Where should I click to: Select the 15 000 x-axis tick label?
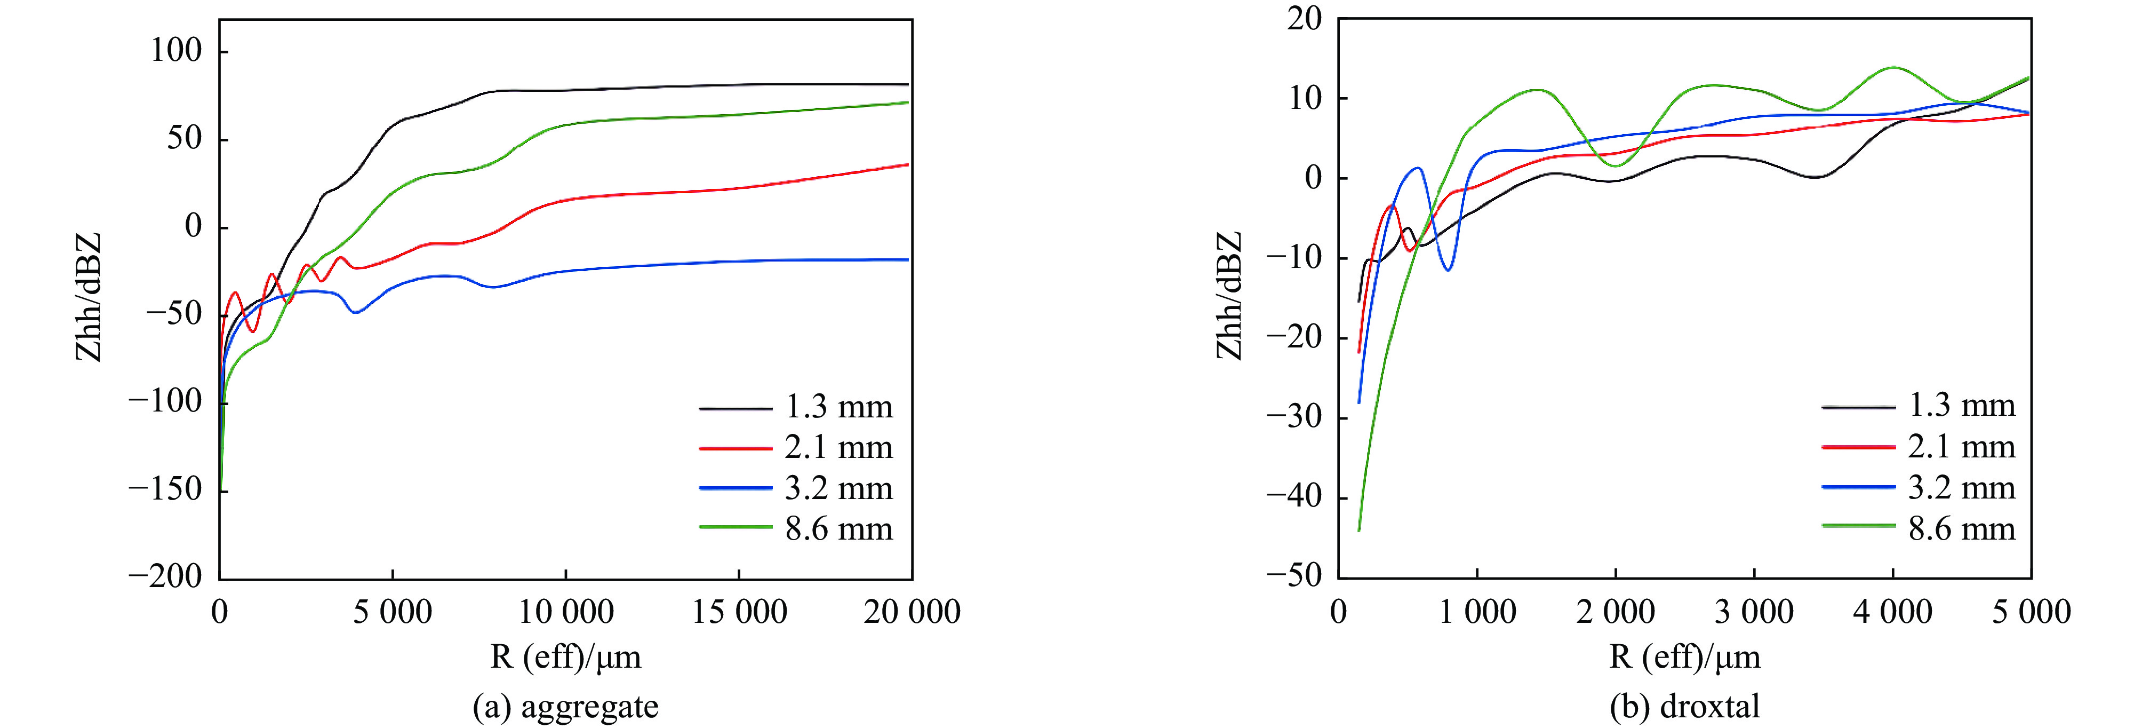click(739, 612)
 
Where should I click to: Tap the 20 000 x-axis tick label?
click(912, 612)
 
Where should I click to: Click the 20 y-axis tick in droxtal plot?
click(1304, 18)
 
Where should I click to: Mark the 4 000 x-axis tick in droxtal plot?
click(1892, 612)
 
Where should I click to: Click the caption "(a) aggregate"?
click(565, 707)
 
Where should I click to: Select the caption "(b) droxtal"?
click(1685, 707)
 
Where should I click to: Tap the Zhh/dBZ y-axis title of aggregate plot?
click(88, 297)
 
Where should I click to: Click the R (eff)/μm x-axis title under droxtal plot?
click(1685, 657)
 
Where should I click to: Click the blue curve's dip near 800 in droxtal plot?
click(1449, 270)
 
